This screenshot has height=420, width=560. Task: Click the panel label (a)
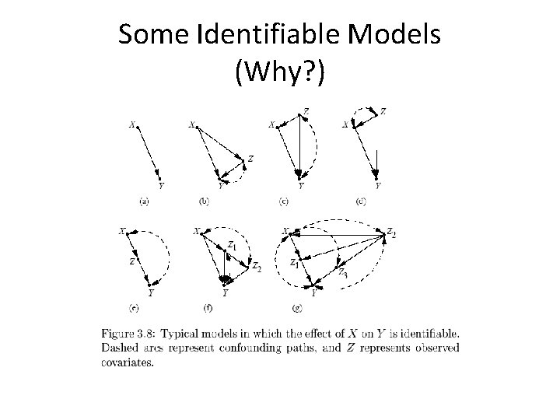tap(144, 201)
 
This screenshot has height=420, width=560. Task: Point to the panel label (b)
tap(205, 201)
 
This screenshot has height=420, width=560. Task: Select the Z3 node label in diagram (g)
tap(343, 272)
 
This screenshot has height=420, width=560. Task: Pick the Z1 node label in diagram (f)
tap(232, 247)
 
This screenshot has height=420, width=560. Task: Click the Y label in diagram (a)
tap(161, 185)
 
